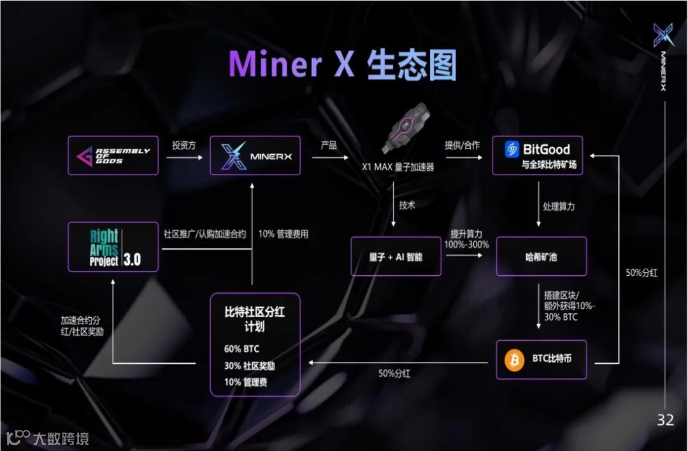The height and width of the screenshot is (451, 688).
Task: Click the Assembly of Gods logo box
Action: (x=113, y=155)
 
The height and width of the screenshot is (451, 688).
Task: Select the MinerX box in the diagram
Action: (x=255, y=155)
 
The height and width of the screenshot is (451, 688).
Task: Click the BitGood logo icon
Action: (x=513, y=150)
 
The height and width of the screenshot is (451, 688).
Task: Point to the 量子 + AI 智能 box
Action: (x=396, y=257)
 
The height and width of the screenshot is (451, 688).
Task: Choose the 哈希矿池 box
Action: (x=541, y=257)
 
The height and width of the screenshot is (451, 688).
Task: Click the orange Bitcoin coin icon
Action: (x=514, y=360)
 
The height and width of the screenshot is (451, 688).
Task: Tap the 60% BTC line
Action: (x=242, y=349)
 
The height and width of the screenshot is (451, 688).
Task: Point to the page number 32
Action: (x=665, y=420)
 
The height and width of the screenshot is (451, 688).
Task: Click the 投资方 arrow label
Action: (x=183, y=145)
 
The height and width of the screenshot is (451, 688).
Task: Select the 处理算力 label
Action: (x=559, y=206)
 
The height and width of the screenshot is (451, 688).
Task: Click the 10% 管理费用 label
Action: (x=283, y=234)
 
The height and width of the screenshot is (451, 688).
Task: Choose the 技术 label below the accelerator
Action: (x=407, y=205)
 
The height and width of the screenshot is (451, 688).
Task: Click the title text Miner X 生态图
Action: (x=343, y=65)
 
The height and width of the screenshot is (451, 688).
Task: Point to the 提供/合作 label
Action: (x=462, y=145)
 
